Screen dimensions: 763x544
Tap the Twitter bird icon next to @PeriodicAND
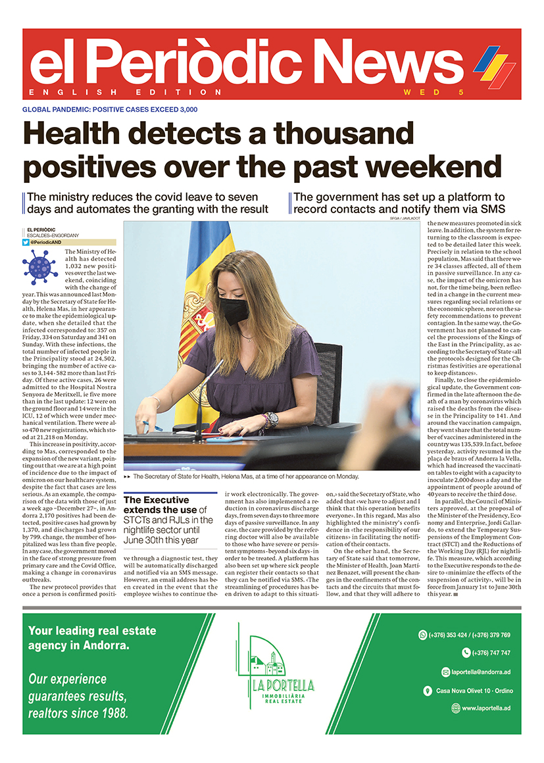(26, 242)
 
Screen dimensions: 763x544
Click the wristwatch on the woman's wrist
(271, 419)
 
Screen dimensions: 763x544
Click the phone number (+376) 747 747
(491, 653)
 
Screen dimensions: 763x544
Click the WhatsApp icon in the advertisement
(422, 635)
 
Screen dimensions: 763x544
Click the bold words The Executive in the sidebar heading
(157, 500)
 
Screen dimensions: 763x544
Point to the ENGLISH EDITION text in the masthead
(126, 92)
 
